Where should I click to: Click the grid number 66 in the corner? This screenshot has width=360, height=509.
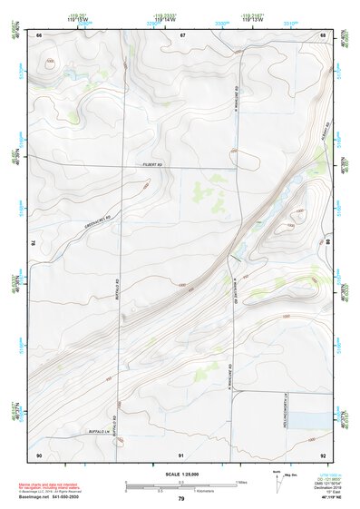click(x=39, y=34)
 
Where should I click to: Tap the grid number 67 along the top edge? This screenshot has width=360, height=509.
click(x=182, y=34)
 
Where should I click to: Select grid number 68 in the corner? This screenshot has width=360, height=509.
click(x=323, y=34)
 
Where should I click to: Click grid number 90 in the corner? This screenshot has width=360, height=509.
click(x=39, y=454)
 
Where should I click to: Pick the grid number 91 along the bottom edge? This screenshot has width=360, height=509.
click(x=182, y=454)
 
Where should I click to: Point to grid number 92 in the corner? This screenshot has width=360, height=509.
click(x=323, y=454)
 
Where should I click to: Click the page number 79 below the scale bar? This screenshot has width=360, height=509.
click(x=180, y=498)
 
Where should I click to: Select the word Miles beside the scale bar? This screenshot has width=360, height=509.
click(x=240, y=481)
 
